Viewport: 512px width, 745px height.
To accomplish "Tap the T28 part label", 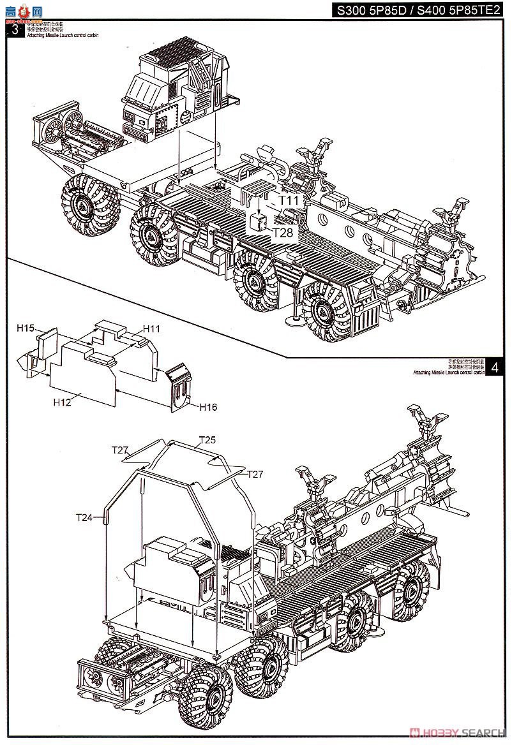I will pyautogui.click(x=283, y=233).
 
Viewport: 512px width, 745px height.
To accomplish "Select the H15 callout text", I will pyautogui.click(x=26, y=328).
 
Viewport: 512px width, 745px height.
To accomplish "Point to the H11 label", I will pyautogui.click(x=151, y=328).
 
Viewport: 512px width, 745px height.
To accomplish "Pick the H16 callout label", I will pyautogui.click(x=208, y=406).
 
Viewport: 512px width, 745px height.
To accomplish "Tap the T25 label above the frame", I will pyautogui.click(x=207, y=439).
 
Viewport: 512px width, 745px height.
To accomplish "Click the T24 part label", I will pyautogui.click(x=84, y=517).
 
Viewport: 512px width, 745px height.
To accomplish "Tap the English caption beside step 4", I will pyautogui.click(x=448, y=372).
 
